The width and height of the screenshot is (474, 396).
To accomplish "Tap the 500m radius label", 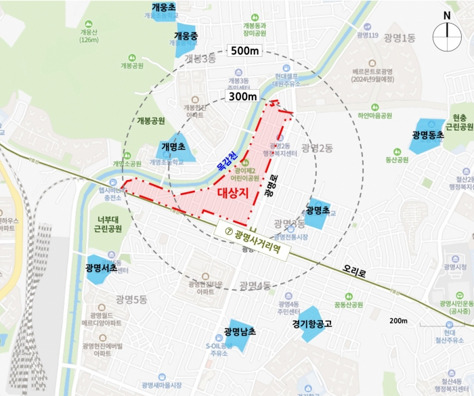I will click(244, 51).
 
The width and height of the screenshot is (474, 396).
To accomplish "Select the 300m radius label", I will click(242, 97).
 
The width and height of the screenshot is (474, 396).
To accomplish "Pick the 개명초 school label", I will click(174, 146).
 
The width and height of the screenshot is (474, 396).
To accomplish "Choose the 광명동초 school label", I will click(427, 135).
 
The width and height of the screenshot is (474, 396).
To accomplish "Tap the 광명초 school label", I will click(317, 210).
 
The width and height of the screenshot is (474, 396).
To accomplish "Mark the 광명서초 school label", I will click(102, 268).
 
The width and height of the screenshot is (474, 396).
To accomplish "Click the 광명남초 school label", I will click(240, 332).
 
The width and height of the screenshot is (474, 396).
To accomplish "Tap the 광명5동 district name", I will click(131, 299).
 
